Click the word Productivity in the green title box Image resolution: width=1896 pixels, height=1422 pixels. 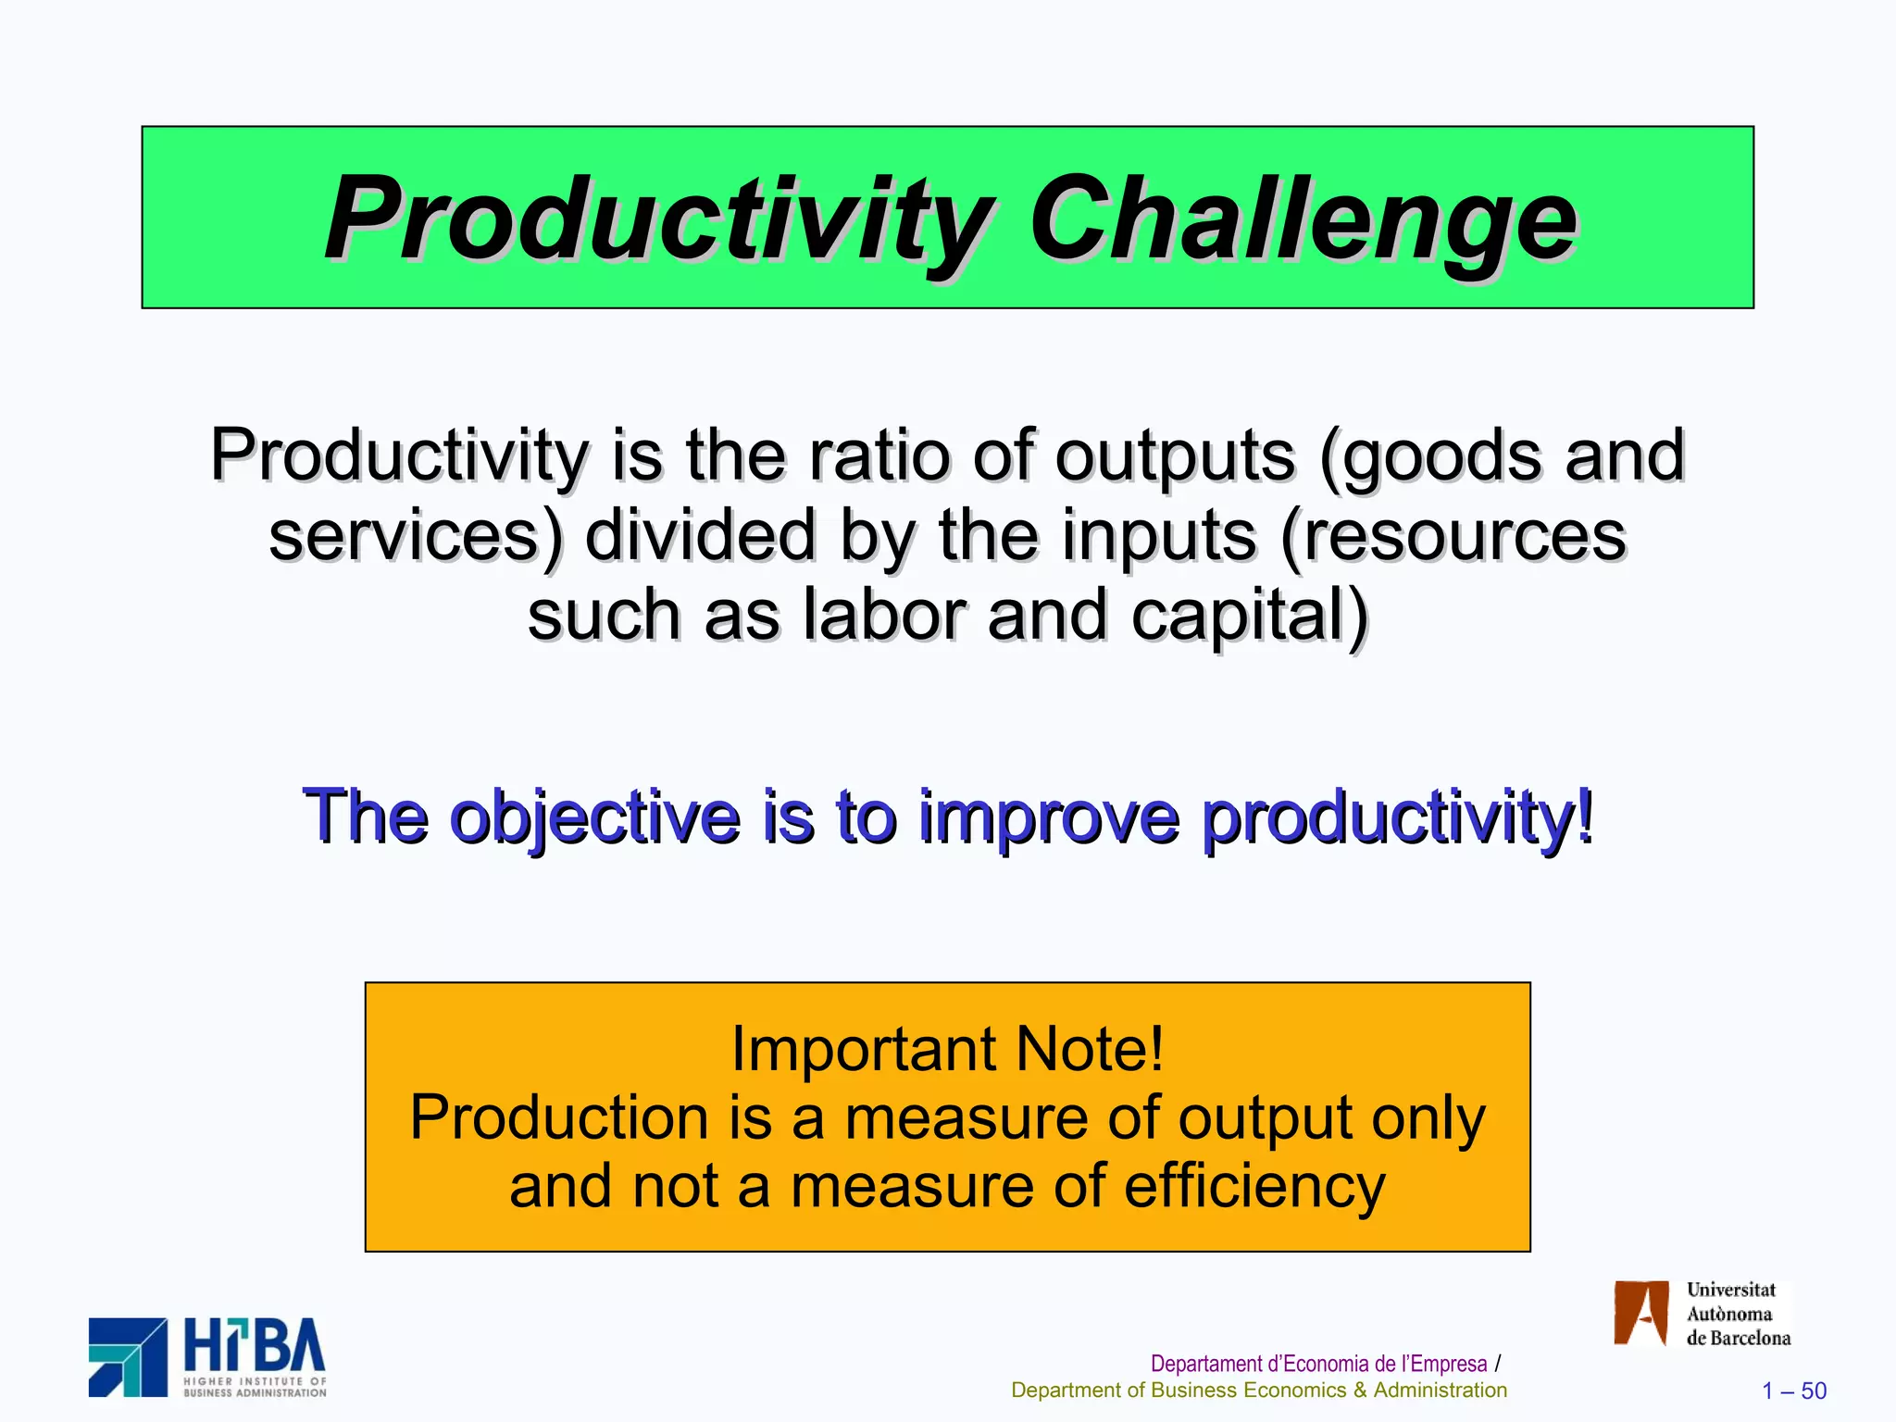[x=657, y=220]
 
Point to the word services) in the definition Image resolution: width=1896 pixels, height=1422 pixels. [x=416, y=537]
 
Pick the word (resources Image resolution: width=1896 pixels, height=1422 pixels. [x=1453, y=537]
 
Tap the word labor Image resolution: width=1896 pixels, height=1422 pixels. [x=884, y=617]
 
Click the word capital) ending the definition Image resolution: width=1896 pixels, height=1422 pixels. [x=1249, y=617]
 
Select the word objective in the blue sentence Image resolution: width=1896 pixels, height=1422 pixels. [x=594, y=817]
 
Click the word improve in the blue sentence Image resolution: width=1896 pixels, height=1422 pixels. [x=1048, y=817]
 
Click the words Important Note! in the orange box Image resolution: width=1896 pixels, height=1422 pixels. [x=947, y=1049]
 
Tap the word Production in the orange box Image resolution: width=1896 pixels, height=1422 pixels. [x=559, y=1117]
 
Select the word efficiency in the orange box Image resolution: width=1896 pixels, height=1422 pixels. [x=1254, y=1186]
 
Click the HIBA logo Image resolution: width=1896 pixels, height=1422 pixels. [x=207, y=1357]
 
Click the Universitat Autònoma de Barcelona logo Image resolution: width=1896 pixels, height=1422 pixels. [x=1702, y=1313]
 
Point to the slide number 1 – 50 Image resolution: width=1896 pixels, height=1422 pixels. [x=1793, y=1391]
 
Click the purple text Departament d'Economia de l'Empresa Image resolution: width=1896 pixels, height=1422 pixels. [x=1318, y=1364]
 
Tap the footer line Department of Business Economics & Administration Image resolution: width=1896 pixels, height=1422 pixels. [x=1258, y=1391]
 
